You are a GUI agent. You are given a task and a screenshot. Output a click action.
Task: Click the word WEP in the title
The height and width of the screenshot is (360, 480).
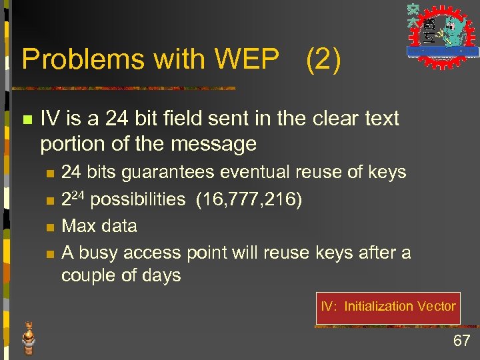(246, 60)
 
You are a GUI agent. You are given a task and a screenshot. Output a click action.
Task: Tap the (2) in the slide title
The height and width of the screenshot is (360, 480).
(323, 60)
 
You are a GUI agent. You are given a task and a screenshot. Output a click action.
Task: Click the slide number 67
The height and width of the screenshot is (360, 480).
(461, 341)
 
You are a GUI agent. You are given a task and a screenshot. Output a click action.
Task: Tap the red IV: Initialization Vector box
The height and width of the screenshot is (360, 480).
(388, 307)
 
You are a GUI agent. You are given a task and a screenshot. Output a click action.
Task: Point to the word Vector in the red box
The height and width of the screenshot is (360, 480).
(436, 307)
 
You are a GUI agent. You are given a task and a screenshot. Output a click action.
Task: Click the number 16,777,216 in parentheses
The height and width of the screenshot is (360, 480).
(249, 199)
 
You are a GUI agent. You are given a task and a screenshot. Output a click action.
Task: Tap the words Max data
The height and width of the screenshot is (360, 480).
(99, 226)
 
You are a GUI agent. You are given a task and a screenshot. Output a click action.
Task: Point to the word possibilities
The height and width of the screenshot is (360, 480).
(138, 199)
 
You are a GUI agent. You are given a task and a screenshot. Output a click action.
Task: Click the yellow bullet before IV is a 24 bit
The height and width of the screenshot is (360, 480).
(27, 120)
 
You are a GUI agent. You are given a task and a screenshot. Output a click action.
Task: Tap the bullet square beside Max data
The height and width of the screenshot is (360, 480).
(49, 227)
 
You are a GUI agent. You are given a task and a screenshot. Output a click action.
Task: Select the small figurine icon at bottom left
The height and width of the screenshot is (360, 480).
(29, 337)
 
